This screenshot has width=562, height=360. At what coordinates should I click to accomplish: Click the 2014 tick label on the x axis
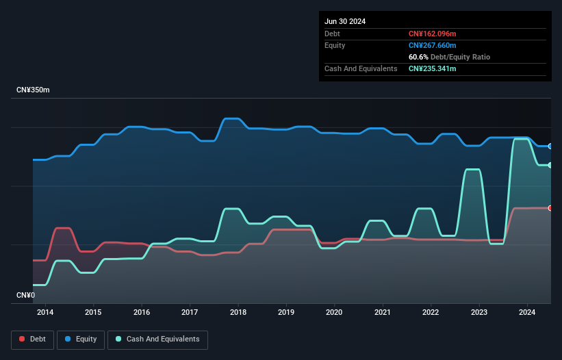(45, 313)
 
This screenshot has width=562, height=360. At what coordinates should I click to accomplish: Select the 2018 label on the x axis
(238, 313)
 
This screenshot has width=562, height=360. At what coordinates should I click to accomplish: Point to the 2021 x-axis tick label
(383, 313)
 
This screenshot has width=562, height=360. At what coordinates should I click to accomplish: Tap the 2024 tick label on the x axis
(527, 313)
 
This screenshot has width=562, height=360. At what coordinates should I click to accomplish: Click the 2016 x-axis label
(142, 313)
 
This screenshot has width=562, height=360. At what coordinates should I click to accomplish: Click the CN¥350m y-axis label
(33, 90)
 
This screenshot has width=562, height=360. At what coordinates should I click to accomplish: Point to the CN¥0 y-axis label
(25, 296)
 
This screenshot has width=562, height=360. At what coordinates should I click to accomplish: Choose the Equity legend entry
(81, 339)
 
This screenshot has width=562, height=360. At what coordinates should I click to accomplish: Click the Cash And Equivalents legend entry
(157, 339)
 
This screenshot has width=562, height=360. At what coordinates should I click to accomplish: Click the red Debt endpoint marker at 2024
(550, 208)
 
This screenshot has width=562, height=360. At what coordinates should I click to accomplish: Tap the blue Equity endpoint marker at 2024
(550, 146)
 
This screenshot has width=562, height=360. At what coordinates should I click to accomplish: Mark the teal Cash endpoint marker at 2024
(550, 165)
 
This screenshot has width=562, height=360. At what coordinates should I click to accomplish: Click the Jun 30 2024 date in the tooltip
(345, 21)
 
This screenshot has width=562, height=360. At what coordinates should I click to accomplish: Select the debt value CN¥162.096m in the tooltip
(432, 34)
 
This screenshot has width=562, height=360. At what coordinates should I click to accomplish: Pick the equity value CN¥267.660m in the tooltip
(432, 45)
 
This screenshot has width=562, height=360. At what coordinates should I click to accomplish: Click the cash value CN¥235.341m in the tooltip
(432, 68)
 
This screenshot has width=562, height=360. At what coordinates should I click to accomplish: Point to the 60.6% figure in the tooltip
(419, 57)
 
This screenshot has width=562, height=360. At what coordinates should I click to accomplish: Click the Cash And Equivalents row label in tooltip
(361, 68)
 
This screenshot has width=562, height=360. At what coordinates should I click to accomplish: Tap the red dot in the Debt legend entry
(23, 339)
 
